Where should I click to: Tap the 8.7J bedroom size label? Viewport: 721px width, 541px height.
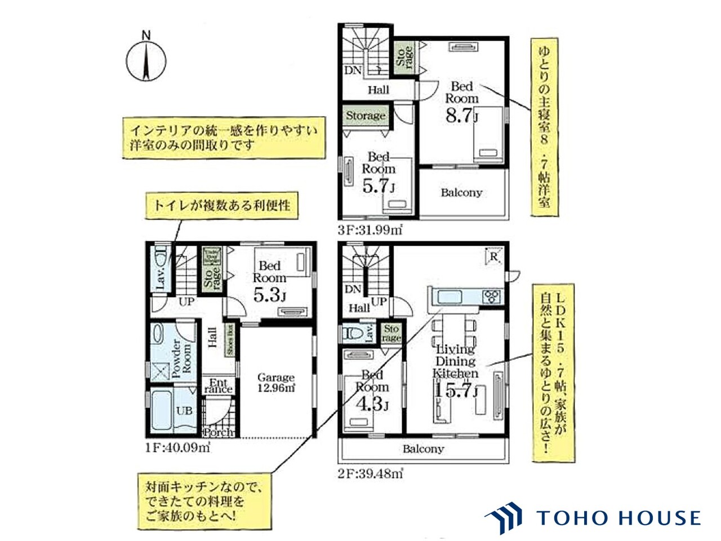click(461, 117)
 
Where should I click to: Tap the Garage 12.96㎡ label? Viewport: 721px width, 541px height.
click(276, 383)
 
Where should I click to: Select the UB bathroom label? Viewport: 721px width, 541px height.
click(185, 411)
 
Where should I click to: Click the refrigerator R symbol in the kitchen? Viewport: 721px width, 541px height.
click(492, 256)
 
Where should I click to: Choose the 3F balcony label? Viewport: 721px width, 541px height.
click(461, 192)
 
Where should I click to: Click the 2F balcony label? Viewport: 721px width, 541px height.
click(423, 449)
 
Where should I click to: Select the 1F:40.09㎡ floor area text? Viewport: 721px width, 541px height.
click(177, 448)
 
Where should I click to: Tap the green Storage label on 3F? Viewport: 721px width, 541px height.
click(366, 116)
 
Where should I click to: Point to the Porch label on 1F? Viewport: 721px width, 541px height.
click(218, 433)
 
